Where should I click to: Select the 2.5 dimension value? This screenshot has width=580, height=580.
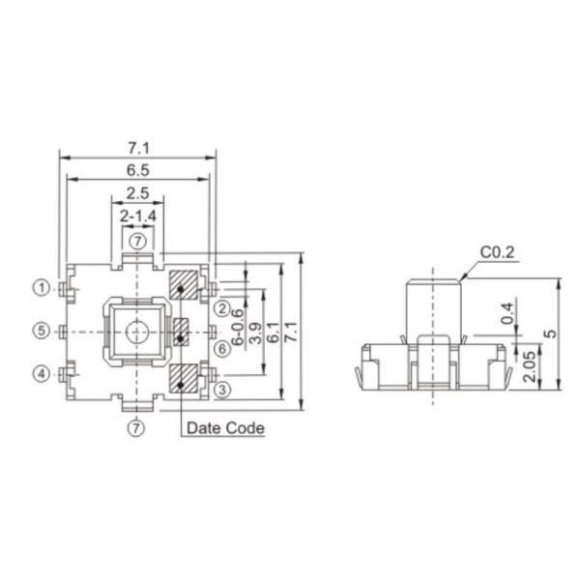(137, 191)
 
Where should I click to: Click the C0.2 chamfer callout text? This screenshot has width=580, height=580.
(499, 253)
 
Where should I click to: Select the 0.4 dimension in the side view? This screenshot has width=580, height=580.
(507, 313)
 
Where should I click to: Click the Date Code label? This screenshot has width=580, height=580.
(224, 426)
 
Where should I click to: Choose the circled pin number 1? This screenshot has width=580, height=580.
(42, 287)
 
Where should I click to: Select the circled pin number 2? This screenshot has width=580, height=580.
(221, 308)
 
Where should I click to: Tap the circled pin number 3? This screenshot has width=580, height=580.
(221, 390)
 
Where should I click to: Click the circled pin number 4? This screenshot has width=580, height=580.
(42, 373)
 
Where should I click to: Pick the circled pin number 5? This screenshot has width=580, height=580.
(42, 331)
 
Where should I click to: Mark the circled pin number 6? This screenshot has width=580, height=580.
(221, 348)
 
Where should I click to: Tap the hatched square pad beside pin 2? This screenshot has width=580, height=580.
(182, 286)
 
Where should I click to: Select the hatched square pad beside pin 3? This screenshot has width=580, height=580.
(182, 378)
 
